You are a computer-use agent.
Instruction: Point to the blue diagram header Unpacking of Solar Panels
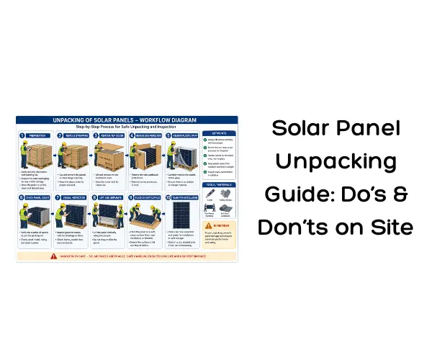(x=127, y=119)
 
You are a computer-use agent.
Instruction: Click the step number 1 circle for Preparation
(x=22, y=135)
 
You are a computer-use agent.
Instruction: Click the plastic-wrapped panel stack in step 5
(x=184, y=157)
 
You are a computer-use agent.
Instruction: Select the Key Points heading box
(x=217, y=134)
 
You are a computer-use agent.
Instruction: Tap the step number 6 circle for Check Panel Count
(x=22, y=197)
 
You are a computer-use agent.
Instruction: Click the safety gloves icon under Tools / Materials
(x=226, y=204)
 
